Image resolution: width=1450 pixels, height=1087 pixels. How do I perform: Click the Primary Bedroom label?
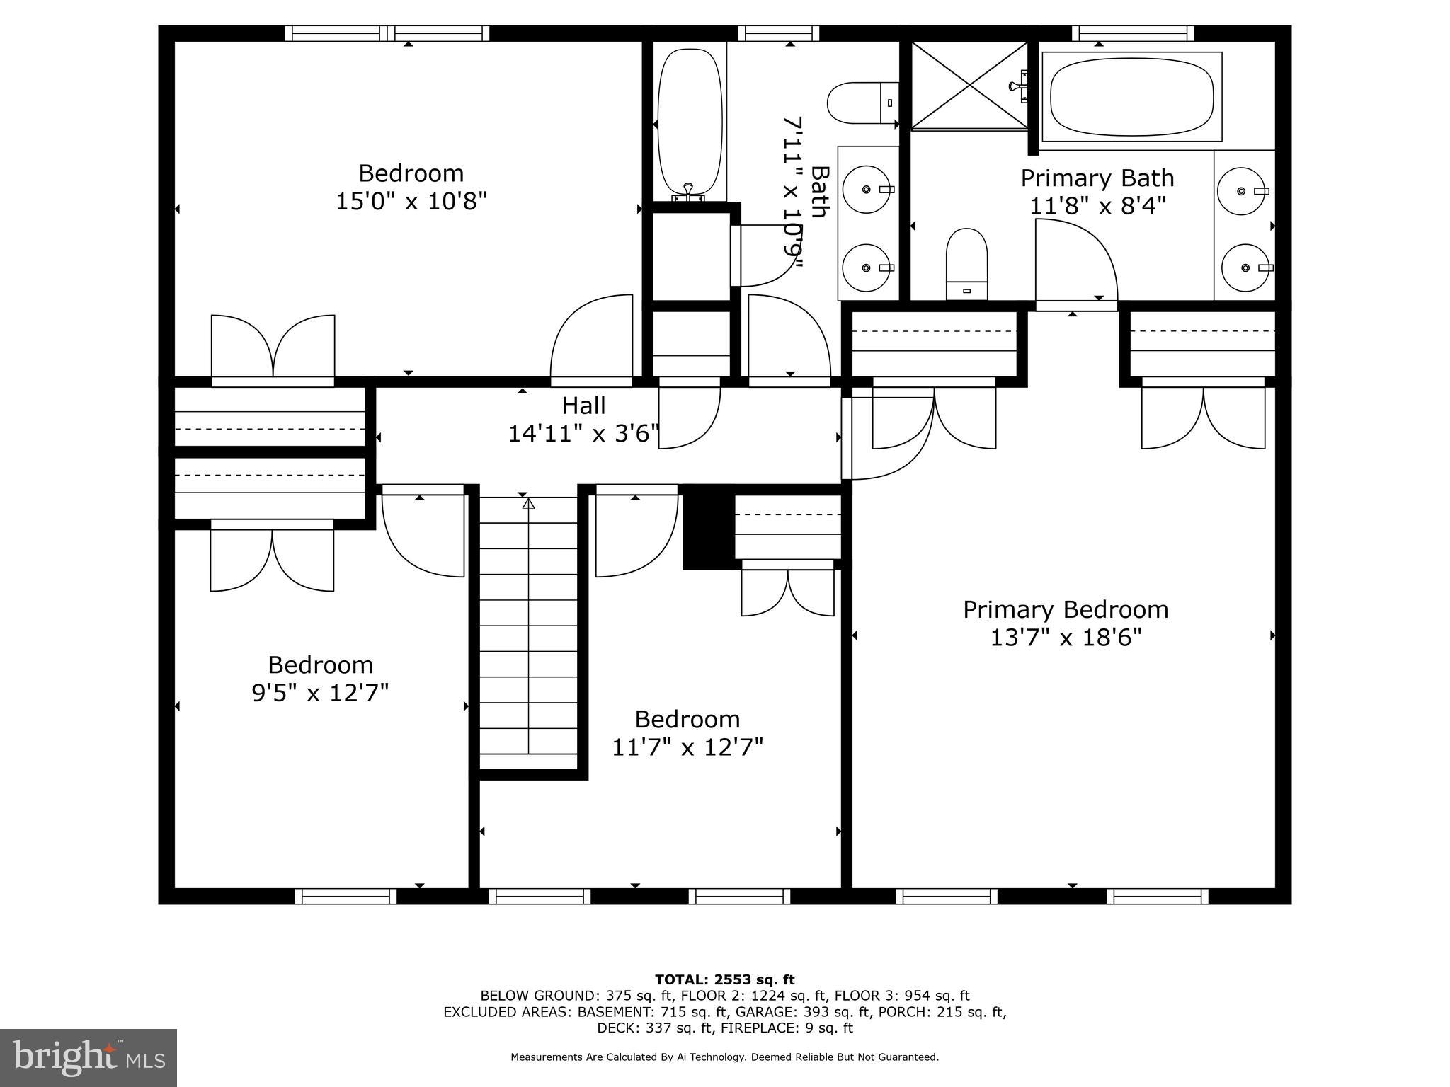click(1065, 609)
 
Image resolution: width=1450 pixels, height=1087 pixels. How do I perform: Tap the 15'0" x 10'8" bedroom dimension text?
click(411, 202)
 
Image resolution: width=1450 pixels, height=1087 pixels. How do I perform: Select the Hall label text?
click(583, 406)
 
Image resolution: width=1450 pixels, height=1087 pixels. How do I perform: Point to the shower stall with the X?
click(969, 85)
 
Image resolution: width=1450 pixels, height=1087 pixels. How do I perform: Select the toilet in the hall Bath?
click(861, 103)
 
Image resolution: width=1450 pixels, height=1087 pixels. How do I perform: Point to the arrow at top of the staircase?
click(528, 504)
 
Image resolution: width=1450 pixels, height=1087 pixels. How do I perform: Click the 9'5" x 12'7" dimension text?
click(320, 692)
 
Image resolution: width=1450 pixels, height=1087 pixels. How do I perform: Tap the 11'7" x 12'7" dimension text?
click(687, 747)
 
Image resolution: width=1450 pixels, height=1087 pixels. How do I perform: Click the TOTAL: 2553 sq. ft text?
click(724, 980)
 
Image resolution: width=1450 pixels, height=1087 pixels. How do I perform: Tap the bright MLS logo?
click(89, 1057)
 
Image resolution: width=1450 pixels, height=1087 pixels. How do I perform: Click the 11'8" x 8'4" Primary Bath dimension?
click(1097, 206)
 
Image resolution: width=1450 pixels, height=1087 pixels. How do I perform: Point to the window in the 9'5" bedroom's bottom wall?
click(346, 897)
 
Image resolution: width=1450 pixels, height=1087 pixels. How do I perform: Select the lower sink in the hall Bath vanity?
click(868, 268)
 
